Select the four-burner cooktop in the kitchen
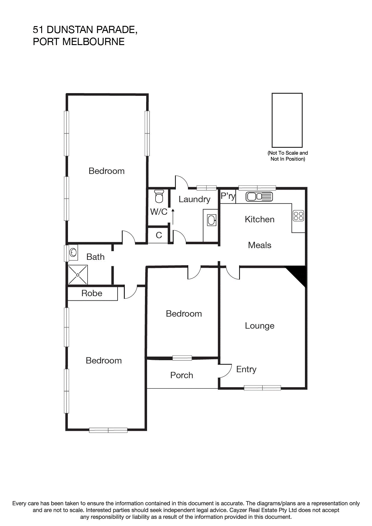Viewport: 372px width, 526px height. pos(298,216)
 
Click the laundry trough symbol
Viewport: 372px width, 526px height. pos(212,220)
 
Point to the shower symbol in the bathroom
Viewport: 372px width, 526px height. pos(78,275)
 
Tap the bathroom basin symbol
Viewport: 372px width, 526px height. pos(73,252)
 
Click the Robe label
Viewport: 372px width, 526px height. pos(92,293)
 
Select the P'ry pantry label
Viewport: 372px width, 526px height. pos(228,196)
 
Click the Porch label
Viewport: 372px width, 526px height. pos(182,375)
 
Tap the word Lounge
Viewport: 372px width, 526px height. pos(260,326)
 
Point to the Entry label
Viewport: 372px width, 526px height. pos(246,369)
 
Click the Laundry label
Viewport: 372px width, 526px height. pos(194,199)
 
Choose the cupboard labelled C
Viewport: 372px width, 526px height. pos(159,235)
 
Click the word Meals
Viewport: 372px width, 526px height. pos(260,245)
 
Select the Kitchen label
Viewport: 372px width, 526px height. pos(260,219)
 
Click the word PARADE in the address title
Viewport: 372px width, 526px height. pos(115,30)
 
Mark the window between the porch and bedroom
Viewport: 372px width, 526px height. pos(182,358)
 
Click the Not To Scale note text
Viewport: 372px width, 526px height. pos(287,156)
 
